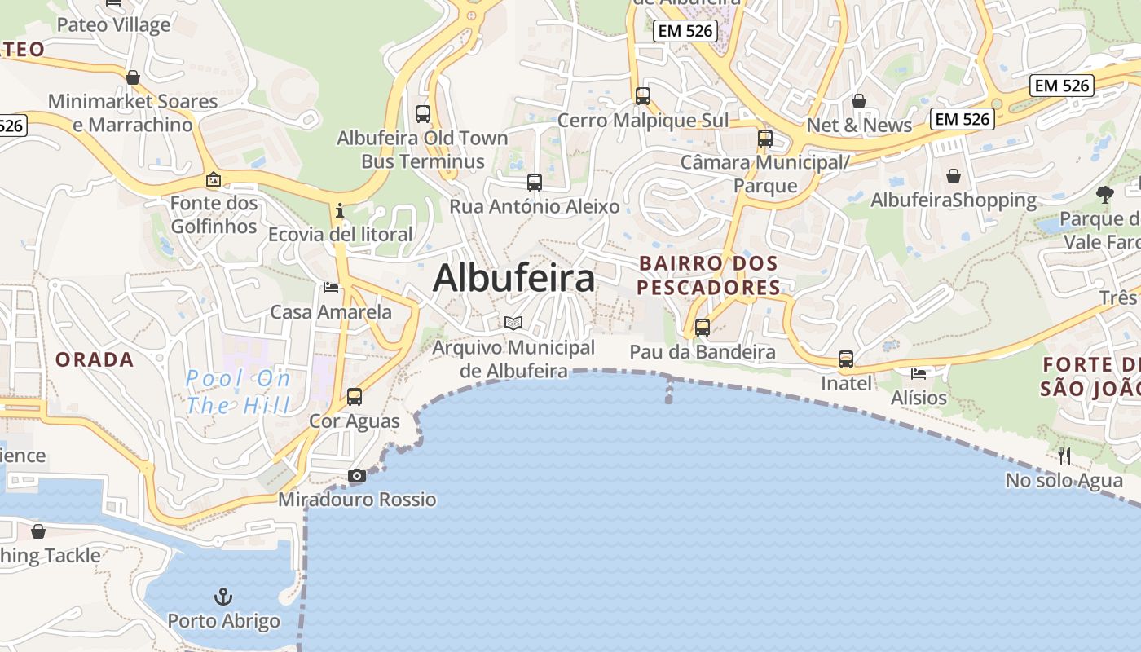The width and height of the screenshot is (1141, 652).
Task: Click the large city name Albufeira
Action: [x=513, y=279]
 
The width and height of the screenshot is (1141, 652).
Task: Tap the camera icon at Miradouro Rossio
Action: [x=356, y=476]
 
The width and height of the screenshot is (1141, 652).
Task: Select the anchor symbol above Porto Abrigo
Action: [x=222, y=597]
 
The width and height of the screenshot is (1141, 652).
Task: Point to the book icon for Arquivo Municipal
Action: [x=513, y=324]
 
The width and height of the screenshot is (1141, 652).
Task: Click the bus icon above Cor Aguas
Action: [x=354, y=397]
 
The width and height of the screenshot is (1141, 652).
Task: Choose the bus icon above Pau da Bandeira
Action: [x=702, y=328]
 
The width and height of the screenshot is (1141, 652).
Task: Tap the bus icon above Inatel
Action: [x=846, y=359]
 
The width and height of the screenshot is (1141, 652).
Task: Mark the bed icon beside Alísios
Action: [x=919, y=374]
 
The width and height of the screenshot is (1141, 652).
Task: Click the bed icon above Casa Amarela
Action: [x=331, y=288]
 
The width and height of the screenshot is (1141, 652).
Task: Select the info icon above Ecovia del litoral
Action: [x=340, y=211]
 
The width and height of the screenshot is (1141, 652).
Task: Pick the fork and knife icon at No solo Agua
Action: [x=1064, y=456]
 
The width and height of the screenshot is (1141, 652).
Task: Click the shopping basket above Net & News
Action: [x=859, y=101]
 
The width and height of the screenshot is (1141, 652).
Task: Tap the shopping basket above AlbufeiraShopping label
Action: [x=953, y=176]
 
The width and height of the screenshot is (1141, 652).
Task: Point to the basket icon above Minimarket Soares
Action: [x=133, y=77]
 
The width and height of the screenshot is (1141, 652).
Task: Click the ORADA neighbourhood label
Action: [x=95, y=359]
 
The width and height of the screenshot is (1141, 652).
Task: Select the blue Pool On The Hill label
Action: [x=238, y=391]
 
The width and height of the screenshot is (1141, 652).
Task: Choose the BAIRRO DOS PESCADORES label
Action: [x=708, y=275]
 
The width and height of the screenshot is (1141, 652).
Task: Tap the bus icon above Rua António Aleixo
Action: [x=534, y=183]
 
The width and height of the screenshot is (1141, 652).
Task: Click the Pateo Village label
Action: [x=114, y=24]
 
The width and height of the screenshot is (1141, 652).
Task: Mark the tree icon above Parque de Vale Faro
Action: [x=1105, y=194]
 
